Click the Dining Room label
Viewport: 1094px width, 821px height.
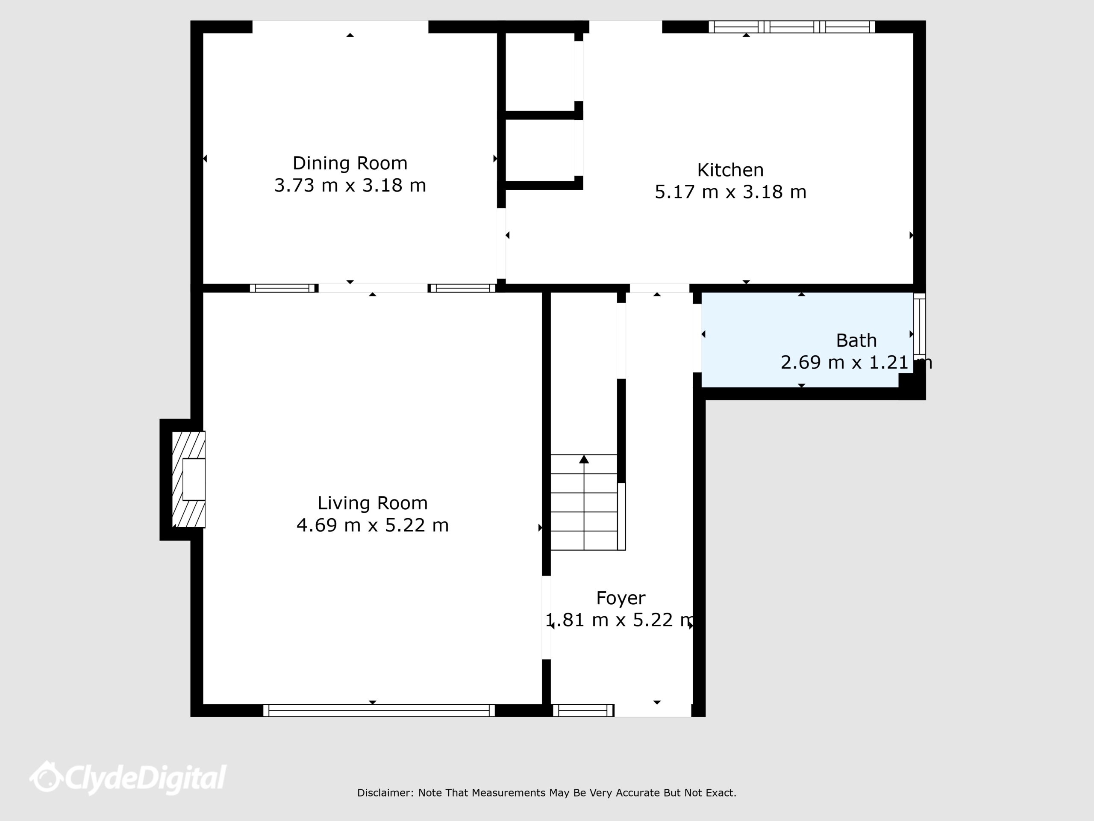pos(350,163)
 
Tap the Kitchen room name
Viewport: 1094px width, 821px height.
pos(730,170)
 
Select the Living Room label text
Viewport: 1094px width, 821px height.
pos(372,503)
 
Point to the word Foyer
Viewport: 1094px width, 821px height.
pos(621,598)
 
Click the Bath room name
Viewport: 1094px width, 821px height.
pos(856,340)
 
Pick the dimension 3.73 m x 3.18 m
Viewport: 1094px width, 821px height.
pos(350,186)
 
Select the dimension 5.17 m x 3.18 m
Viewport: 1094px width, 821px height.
pos(730,192)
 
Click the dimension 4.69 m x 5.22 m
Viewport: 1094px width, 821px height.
pos(372,525)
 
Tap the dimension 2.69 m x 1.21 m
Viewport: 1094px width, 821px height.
pos(856,363)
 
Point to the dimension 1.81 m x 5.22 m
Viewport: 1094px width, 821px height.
pos(621,620)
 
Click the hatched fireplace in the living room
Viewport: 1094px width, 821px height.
pos(188,479)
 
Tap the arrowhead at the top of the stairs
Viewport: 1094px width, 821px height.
pos(584,459)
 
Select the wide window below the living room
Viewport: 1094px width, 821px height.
pos(379,711)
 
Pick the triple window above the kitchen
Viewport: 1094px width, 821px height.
pos(792,27)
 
